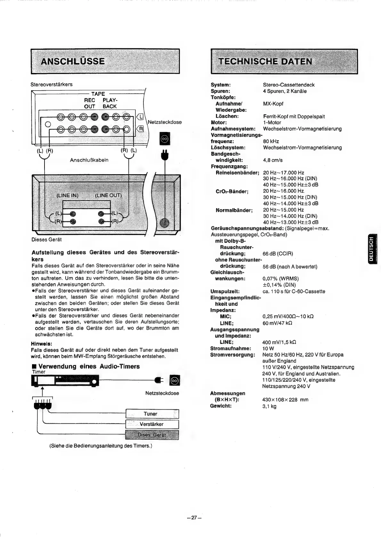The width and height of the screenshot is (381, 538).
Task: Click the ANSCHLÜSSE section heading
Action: click(x=73, y=61)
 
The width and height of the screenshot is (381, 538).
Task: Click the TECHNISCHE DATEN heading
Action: click(x=265, y=61)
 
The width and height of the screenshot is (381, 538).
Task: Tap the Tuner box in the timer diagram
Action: click(x=151, y=414)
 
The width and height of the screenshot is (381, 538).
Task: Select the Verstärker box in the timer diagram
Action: click(x=151, y=424)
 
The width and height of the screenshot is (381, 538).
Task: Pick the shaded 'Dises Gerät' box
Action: click(x=152, y=435)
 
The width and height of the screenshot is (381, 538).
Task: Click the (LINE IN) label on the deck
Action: click(x=67, y=195)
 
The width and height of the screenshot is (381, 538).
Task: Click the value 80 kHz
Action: click(x=271, y=141)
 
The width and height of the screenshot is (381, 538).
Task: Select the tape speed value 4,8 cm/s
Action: click(x=273, y=160)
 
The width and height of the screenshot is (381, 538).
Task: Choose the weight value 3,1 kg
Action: click(x=269, y=406)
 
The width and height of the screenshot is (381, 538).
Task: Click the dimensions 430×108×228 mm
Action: click(x=285, y=400)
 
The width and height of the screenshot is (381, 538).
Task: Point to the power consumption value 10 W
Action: click(x=268, y=348)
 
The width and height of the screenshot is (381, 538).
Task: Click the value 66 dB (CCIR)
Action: click(x=278, y=254)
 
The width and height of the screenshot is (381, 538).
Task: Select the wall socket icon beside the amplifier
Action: click(x=164, y=139)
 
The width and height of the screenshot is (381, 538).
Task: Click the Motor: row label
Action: click(x=219, y=122)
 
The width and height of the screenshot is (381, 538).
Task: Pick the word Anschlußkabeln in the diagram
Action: click(x=89, y=160)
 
